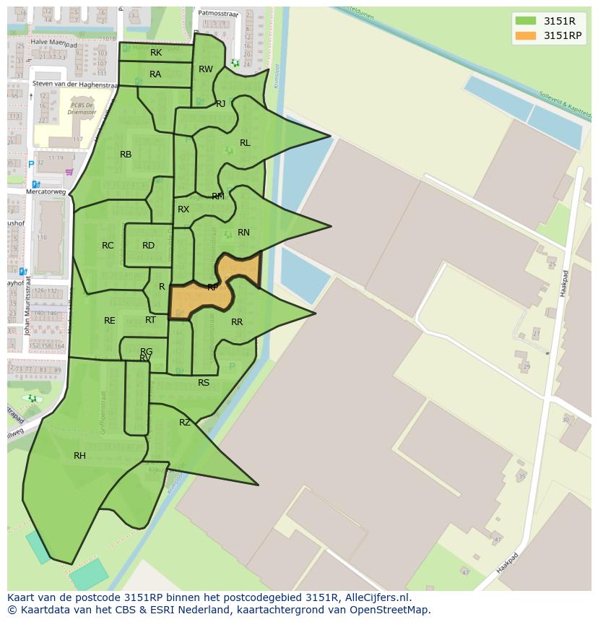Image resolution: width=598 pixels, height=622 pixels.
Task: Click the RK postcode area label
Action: (x=156, y=53)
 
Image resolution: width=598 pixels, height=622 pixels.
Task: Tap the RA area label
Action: (x=155, y=74)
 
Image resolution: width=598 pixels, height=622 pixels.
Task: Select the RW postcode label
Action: (x=206, y=69)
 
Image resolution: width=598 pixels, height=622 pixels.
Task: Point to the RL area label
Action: (x=245, y=143)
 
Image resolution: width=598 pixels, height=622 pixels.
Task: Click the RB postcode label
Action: (x=126, y=155)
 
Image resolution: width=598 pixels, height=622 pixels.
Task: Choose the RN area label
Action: (x=243, y=233)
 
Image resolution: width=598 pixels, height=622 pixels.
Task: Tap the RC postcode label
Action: (x=108, y=246)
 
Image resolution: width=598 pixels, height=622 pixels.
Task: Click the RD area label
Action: (x=148, y=246)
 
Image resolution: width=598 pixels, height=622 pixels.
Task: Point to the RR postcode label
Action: (x=237, y=322)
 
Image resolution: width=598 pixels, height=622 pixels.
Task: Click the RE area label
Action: (x=109, y=321)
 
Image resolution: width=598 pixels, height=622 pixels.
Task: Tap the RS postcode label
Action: (x=204, y=383)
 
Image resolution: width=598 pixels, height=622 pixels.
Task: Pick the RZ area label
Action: (x=185, y=423)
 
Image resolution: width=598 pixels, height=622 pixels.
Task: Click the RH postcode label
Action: (x=79, y=456)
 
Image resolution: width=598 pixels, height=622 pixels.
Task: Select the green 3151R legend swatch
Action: (x=526, y=20)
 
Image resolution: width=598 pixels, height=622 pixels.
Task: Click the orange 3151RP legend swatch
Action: (x=526, y=35)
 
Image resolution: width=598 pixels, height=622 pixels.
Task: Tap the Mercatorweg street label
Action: (x=45, y=192)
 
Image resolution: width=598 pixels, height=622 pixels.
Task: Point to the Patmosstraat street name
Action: (x=218, y=12)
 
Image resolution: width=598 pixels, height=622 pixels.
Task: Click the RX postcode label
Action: (x=183, y=210)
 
